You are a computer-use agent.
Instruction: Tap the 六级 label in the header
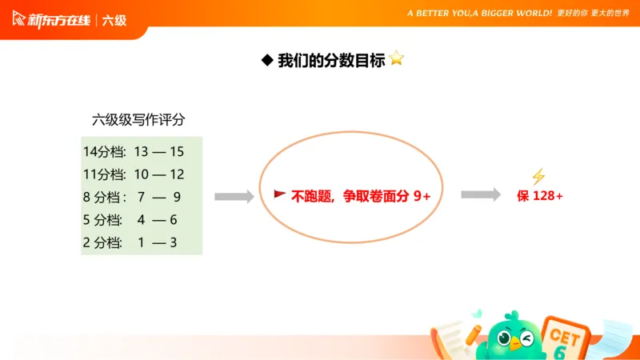[114, 20]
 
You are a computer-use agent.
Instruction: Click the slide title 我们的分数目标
[331, 60]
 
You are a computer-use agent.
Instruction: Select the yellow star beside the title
[397, 59]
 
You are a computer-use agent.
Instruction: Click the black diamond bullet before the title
[267, 60]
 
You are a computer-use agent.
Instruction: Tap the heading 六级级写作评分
[138, 120]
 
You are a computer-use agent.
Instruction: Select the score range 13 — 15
[159, 151]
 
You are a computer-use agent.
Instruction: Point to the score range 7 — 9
[159, 197]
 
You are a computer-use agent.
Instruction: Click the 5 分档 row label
[102, 220]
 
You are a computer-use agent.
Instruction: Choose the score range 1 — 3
[157, 242]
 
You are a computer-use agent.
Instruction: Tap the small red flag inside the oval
[280, 194]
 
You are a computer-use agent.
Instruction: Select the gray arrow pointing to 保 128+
[481, 195]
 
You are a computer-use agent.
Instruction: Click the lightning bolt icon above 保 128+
[538, 177]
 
